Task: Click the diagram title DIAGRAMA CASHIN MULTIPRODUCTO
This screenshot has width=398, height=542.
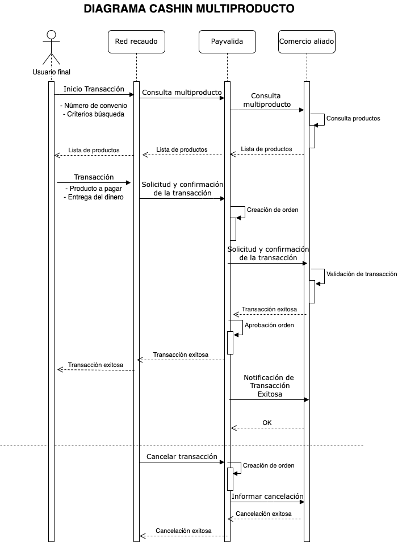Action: click(189, 9)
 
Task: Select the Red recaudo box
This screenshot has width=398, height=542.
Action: click(136, 41)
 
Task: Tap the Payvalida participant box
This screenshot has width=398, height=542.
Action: click(227, 41)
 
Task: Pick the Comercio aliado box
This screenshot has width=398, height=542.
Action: click(307, 41)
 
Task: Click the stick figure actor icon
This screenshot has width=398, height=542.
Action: click(52, 47)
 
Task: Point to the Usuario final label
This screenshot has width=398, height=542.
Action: click(52, 72)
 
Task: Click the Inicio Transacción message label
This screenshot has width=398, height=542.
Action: click(94, 89)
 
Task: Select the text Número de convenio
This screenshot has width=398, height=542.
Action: click(95, 105)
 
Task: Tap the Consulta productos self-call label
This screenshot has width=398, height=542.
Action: click(353, 118)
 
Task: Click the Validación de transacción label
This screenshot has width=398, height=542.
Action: click(362, 273)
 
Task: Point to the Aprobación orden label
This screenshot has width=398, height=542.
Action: click(269, 325)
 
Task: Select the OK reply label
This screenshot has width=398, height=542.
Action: click(267, 422)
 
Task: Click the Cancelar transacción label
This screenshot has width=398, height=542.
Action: click(182, 456)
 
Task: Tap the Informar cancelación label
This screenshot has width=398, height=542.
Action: click(267, 496)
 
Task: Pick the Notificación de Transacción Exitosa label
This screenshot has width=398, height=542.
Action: click(269, 385)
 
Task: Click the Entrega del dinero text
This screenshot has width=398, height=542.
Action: click(93, 197)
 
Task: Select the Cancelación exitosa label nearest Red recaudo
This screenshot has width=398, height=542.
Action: click(183, 531)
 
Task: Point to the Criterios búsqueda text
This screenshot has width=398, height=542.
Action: click(93, 114)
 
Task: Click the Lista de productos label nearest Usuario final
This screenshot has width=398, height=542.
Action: click(94, 150)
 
